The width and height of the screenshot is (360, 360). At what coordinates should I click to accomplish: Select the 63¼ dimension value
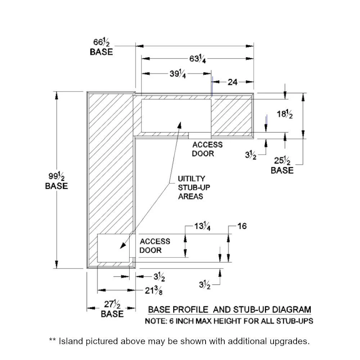click(198, 58)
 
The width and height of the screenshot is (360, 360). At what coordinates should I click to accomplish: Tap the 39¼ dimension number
click(178, 74)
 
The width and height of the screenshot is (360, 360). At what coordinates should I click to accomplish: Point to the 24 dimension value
click(233, 82)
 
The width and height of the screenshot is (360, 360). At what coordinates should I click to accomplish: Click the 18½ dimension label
click(284, 115)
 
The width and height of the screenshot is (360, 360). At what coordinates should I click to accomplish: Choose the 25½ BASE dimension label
click(282, 165)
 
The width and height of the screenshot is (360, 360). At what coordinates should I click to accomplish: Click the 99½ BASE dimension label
click(57, 181)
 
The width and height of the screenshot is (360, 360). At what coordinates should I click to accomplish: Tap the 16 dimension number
click(242, 226)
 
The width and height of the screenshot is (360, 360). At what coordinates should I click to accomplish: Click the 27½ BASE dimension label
click(112, 309)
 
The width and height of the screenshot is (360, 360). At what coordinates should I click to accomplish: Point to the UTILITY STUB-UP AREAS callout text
click(191, 187)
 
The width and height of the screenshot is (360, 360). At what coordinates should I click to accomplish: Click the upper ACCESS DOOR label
click(207, 149)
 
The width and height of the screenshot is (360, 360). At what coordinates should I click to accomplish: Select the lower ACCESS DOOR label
click(155, 246)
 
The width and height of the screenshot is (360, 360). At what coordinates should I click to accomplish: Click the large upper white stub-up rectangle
click(176, 116)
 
